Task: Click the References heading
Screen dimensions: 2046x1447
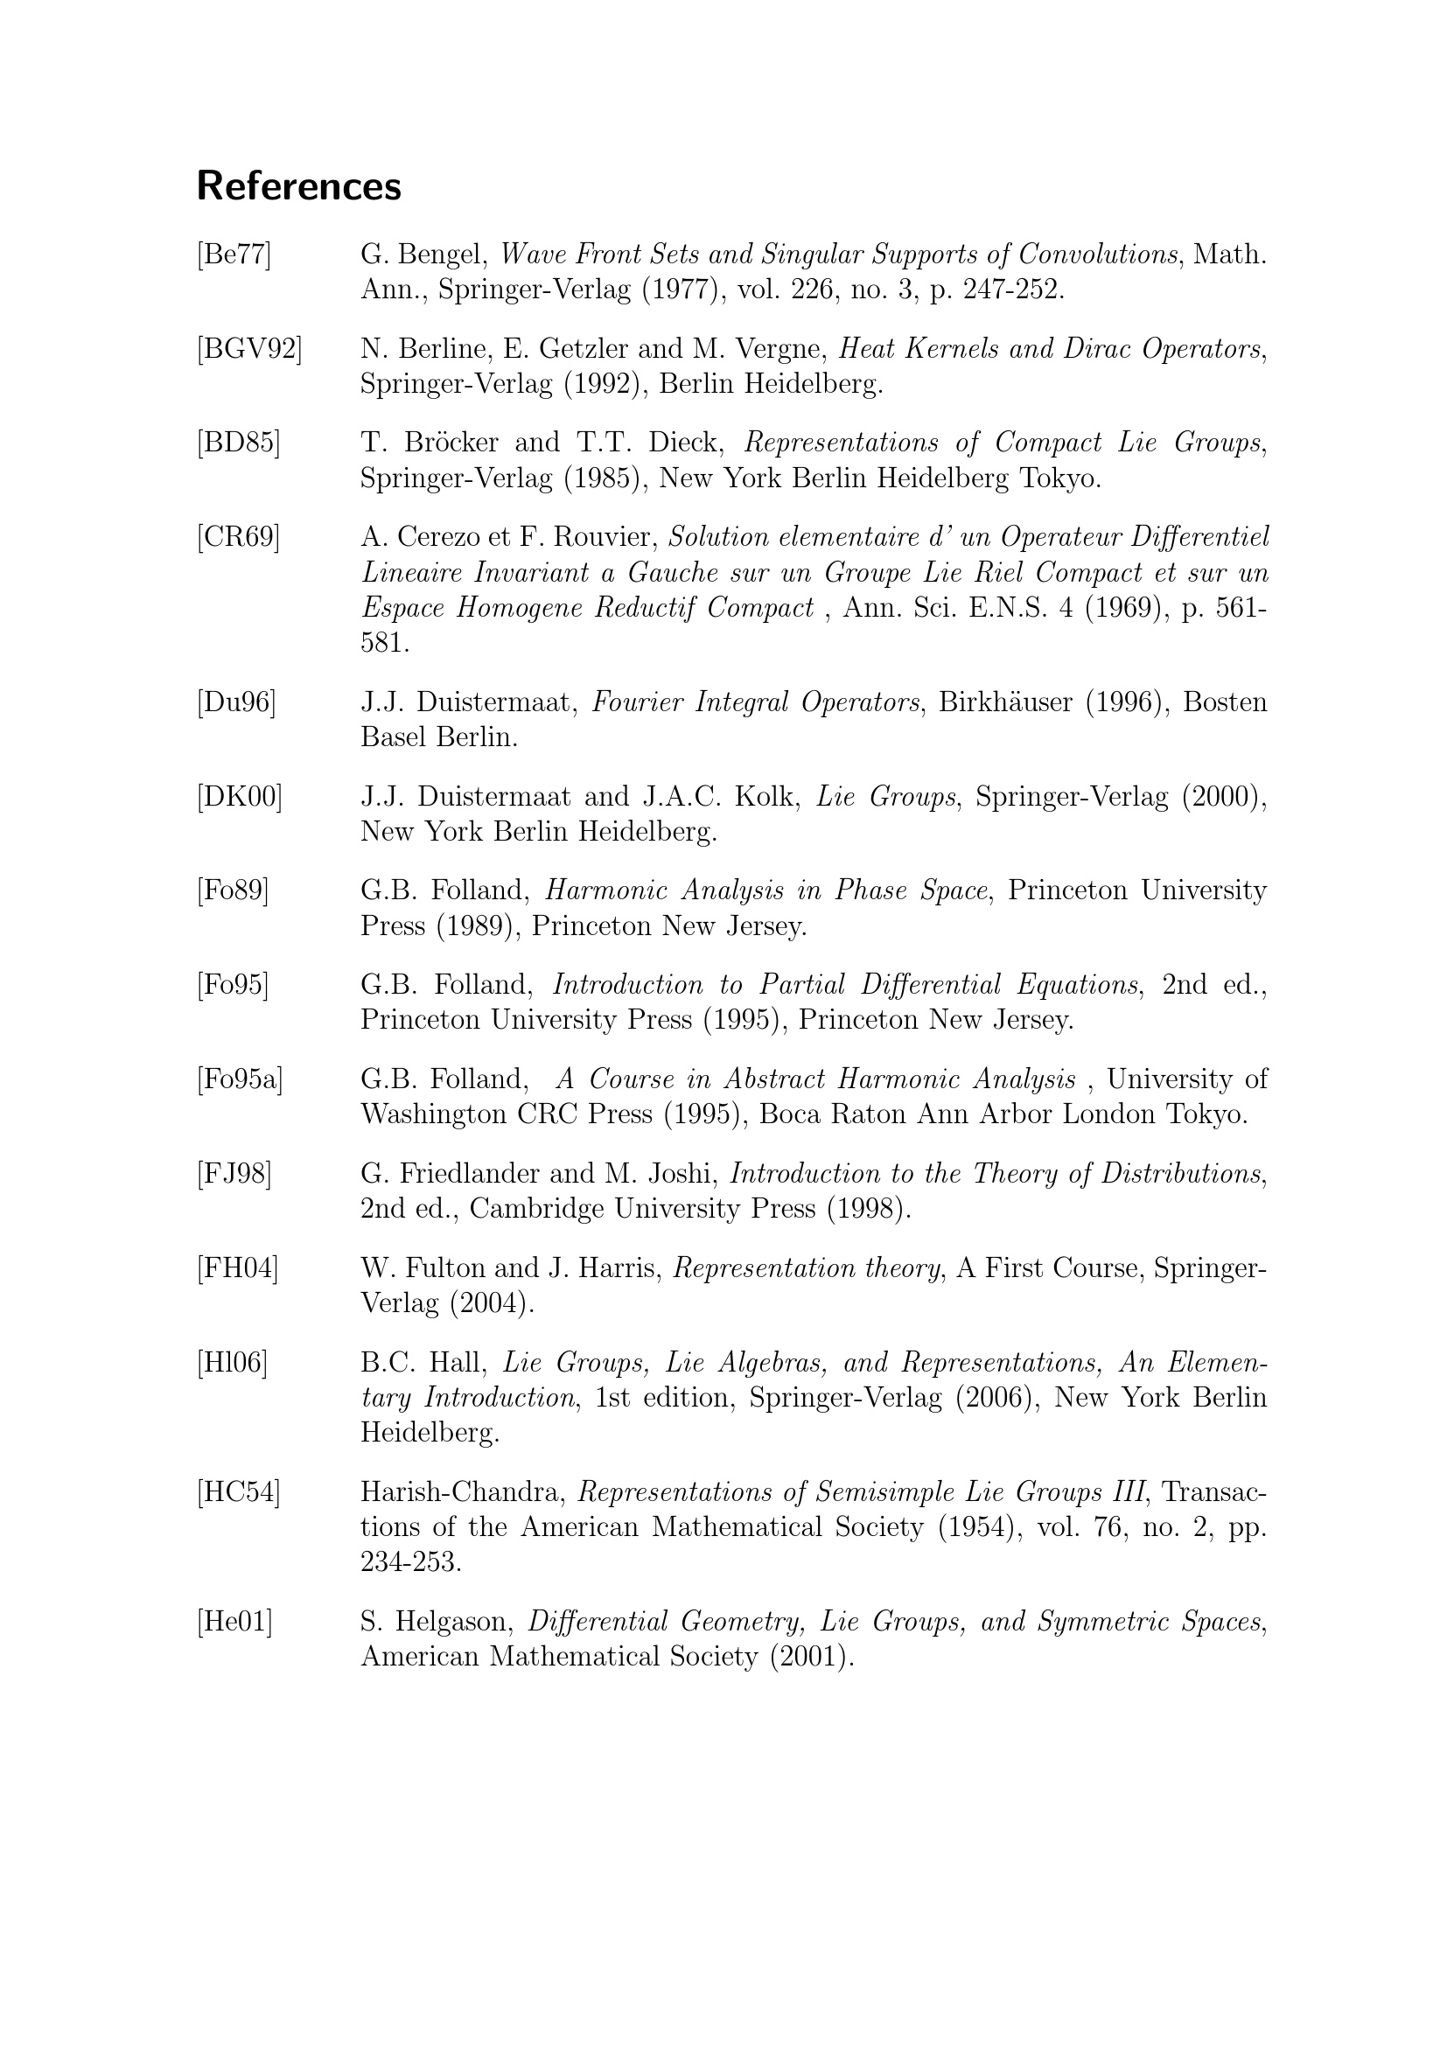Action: [298, 186]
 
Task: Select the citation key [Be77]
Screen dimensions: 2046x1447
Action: [234, 255]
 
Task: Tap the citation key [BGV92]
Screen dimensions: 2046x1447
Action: [249, 349]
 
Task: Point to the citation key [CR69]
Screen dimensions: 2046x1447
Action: [238, 537]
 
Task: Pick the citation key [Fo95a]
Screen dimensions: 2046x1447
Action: [240, 1080]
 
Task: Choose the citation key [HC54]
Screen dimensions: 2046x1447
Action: [238, 1491]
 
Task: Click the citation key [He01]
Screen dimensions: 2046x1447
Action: [234, 1622]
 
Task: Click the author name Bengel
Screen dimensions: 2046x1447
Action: [443, 255]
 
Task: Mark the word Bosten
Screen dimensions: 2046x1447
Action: [1224, 702]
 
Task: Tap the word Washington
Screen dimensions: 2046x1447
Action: [433, 1114]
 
